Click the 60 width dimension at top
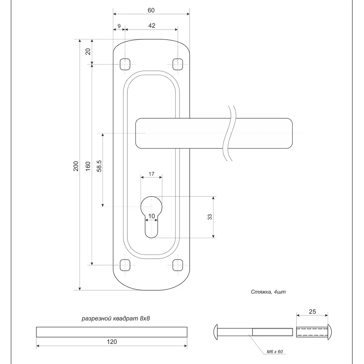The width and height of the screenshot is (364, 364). pyautogui.click(x=151, y=10)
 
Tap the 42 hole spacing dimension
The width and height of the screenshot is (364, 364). pyautogui.click(x=152, y=25)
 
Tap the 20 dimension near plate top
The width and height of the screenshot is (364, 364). pyautogui.click(x=88, y=51)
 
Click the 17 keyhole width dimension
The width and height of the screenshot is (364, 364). pyautogui.click(x=152, y=174)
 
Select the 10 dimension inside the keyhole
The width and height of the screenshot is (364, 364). pyautogui.click(x=152, y=216)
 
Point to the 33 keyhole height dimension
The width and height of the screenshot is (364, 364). pyautogui.click(x=210, y=217)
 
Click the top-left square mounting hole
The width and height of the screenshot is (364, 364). pyautogui.click(x=125, y=64)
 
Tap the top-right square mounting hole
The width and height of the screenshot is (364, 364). pyautogui.click(x=178, y=64)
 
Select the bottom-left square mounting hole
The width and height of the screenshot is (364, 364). pyautogui.click(x=125, y=265)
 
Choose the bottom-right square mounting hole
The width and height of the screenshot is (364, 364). pyautogui.click(x=178, y=265)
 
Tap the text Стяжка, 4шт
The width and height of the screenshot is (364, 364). pyautogui.click(x=266, y=292)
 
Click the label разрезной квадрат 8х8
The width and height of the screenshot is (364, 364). pyautogui.click(x=116, y=318)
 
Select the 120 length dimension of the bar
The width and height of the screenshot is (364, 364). pyautogui.click(x=112, y=341)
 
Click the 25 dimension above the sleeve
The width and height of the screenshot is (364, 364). pyautogui.click(x=312, y=312)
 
